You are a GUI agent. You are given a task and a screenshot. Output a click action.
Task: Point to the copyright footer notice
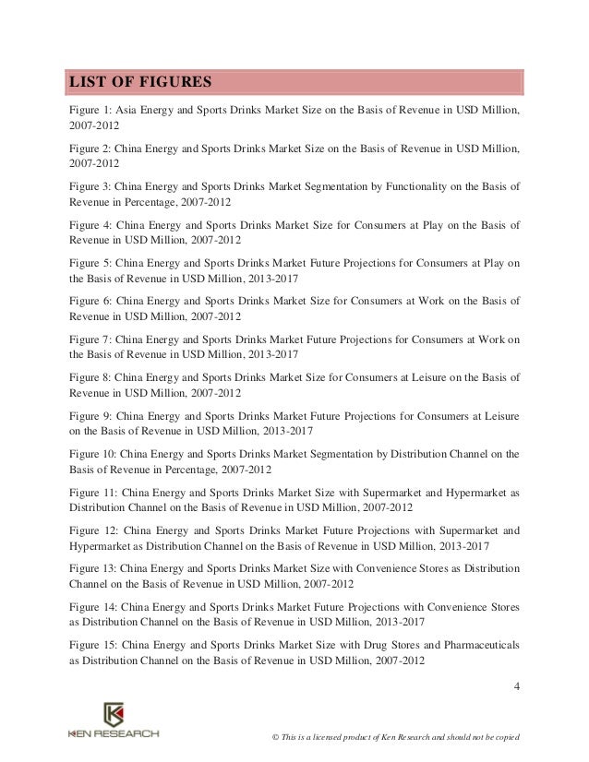pyautogui.click(x=391, y=737)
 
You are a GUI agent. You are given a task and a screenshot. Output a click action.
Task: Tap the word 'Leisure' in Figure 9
pyautogui.click(x=500, y=414)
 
